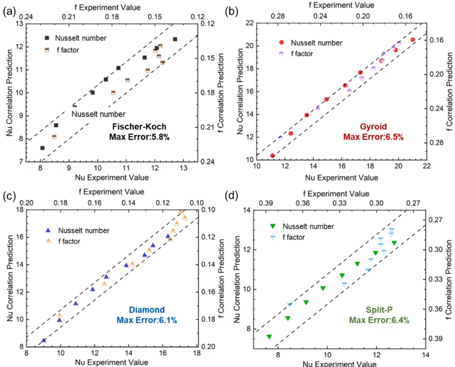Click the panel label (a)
click(x=9, y=11)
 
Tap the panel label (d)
click(x=231, y=195)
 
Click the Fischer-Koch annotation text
click(x=139, y=127)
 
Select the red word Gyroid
click(x=373, y=127)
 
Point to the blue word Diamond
click(x=147, y=310)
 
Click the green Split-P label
click(x=379, y=310)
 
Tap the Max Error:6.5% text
click(x=373, y=137)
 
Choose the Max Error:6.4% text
click(x=379, y=320)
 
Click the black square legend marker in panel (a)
click(x=47, y=38)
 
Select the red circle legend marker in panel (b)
click(x=281, y=42)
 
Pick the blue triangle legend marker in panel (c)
click(x=48, y=230)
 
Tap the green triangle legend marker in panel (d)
click(x=273, y=226)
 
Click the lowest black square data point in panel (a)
click(x=42, y=148)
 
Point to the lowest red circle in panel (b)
click(x=272, y=156)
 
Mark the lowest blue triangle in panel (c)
click(x=44, y=340)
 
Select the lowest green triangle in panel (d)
click(x=269, y=337)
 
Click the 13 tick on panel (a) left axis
click(x=20, y=24)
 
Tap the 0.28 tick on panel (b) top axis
click(x=278, y=16)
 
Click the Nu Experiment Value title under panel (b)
click(x=341, y=178)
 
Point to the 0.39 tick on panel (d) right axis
click(x=435, y=338)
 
